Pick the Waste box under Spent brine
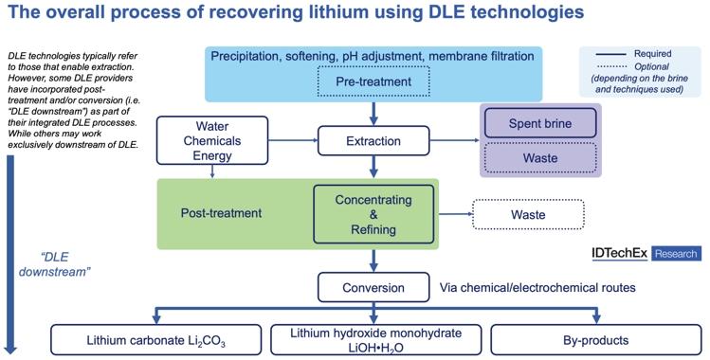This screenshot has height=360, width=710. pyautogui.click(x=540, y=158)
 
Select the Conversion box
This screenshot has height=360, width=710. pyautogui.click(x=374, y=286)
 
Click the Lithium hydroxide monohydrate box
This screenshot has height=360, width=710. pyautogui.click(x=375, y=339)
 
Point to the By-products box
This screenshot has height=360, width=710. pyautogui.click(x=596, y=339)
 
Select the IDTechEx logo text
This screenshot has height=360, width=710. pyautogui.click(x=619, y=253)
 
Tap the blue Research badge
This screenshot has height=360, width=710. pyautogui.click(x=676, y=253)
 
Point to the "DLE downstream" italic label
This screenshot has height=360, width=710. pyautogui.click(x=64, y=264)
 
